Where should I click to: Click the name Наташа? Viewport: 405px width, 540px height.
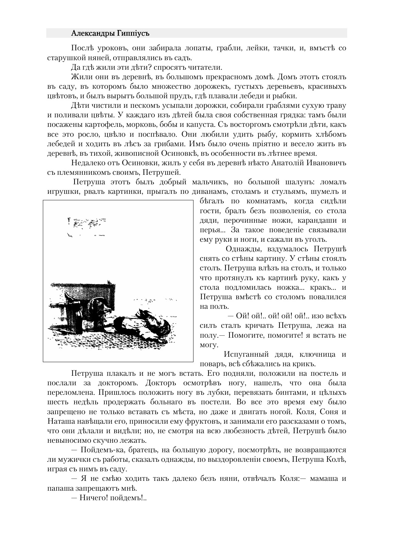pyautogui.click(x=60, y=421)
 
